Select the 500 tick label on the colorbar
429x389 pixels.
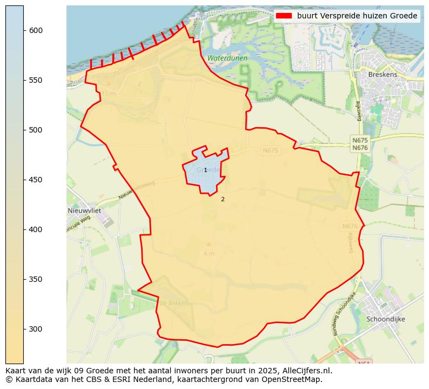pos(36,130)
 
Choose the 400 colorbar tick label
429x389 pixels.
pos(36,229)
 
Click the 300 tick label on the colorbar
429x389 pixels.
pos(36,329)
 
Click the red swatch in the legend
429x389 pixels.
pos(284,16)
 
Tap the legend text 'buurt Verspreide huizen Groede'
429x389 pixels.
pos(357,16)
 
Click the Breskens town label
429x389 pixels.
pos(383,75)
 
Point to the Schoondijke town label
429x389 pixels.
pos(385,319)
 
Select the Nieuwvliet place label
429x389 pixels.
pos(84,210)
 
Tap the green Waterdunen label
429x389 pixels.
pos(227,58)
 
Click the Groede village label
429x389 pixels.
pos(208,169)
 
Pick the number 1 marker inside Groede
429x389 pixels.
pos(205,170)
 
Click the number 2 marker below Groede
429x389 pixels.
pos(223,199)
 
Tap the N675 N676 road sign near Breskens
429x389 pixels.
pos(360,144)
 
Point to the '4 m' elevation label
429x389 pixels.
pos(209,254)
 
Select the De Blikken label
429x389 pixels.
pos(173,303)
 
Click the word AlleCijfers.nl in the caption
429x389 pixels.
pos(306,371)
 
